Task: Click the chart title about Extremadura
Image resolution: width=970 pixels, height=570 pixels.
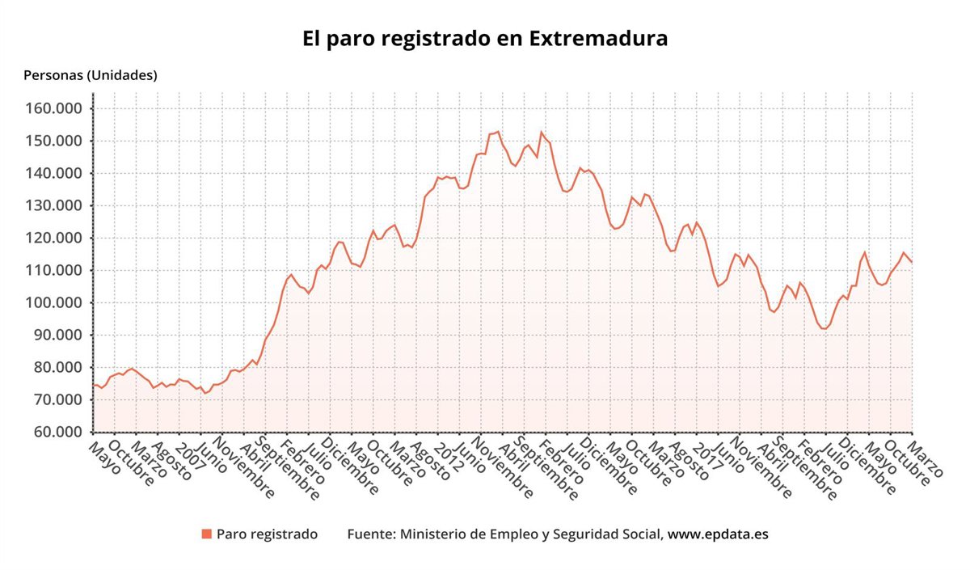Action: (x=485, y=38)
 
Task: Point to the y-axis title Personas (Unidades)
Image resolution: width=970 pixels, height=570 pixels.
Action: (x=91, y=75)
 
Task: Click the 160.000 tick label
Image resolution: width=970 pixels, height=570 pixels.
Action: (x=60, y=109)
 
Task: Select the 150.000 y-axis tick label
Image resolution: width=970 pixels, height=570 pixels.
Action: (x=60, y=141)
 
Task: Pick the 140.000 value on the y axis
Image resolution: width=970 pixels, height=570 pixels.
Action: (x=60, y=174)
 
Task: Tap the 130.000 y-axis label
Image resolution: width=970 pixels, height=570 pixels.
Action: (x=60, y=206)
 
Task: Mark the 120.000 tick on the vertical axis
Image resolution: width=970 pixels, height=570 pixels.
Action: (x=60, y=239)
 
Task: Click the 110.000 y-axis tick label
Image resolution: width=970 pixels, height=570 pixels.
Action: (x=60, y=271)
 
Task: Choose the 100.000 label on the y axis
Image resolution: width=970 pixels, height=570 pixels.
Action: (x=60, y=303)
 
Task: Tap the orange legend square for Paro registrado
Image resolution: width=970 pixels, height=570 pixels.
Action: (x=207, y=534)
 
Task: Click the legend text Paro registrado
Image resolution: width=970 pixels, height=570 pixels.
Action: (x=267, y=534)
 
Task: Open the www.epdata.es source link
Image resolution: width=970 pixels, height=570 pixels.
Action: (x=717, y=534)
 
